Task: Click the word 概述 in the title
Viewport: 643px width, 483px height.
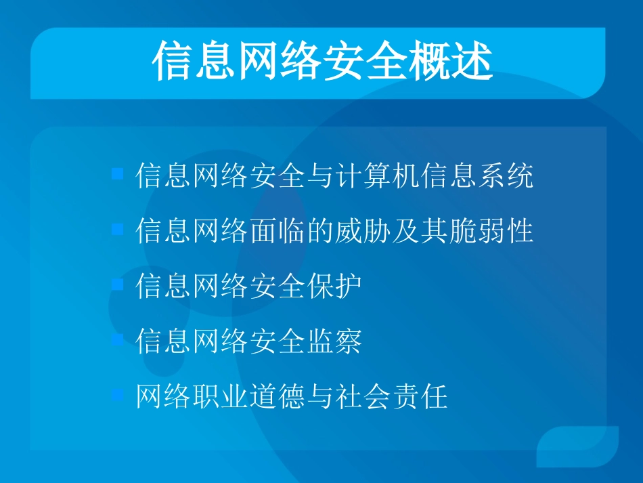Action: click(x=450, y=62)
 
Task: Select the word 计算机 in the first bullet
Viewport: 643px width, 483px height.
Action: click(x=378, y=175)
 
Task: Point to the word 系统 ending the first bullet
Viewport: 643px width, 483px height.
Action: click(x=506, y=175)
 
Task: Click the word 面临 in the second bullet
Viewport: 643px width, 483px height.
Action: click(x=278, y=231)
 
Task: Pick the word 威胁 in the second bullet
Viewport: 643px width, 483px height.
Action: click(x=363, y=231)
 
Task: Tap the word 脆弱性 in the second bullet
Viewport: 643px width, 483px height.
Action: click(x=491, y=231)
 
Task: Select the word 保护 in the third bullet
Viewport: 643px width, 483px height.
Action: click(x=334, y=286)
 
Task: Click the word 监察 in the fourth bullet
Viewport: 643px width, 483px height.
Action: click(x=334, y=341)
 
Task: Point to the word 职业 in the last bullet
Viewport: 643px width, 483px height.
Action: click(x=221, y=396)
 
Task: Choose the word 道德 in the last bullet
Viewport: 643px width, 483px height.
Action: click(x=278, y=396)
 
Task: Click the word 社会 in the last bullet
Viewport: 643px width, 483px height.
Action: click(x=363, y=396)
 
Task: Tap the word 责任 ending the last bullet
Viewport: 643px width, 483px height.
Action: click(x=420, y=396)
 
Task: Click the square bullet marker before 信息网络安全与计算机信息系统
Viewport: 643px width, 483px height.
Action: click(x=118, y=174)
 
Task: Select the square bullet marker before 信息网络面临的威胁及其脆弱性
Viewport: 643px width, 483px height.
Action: click(x=118, y=230)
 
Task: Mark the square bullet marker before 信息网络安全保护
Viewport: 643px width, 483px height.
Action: click(x=118, y=285)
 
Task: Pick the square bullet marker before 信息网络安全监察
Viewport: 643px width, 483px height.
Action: click(x=118, y=340)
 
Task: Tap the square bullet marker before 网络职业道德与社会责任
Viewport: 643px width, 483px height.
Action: click(x=118, y=395)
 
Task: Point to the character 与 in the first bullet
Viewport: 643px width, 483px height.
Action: click(x=320, y=175)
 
